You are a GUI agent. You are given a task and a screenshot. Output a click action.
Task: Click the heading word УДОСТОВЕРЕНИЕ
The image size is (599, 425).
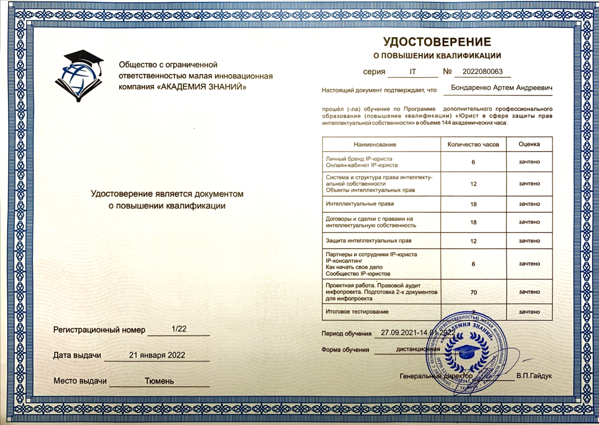click(x=437, y=42)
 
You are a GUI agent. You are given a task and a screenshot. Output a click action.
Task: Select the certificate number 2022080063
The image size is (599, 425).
click(x=482, y=72)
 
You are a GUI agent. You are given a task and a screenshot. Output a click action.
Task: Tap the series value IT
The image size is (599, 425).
click(x=413, y=72)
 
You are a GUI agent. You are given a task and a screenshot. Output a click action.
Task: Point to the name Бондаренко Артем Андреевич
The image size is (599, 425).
click(x=501, y=88)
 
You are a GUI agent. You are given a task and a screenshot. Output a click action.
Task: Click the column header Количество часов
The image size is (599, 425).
click(x=473, y=144)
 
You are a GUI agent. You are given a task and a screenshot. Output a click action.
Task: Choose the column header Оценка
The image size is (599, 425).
click(x=529, y=144)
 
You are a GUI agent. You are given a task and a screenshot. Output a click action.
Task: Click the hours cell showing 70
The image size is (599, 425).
click(x=474, y=293)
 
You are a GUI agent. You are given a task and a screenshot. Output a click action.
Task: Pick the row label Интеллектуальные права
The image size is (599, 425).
click(x=360, y=204)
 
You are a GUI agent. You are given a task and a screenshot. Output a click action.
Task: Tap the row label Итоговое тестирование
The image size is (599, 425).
click(x=357, y=311)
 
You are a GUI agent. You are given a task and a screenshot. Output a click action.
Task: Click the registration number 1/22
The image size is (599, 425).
click(x=179, y=329)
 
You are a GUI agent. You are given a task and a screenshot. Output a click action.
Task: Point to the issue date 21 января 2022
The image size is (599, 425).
click(x=157, y=355)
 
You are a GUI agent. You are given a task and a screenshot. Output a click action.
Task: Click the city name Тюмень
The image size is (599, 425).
click(x=159, y=381)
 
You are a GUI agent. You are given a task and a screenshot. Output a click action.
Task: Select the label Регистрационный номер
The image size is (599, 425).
click(x=100, y=330)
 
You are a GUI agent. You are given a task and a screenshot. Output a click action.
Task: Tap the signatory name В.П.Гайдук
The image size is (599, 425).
click(x=534, y=376)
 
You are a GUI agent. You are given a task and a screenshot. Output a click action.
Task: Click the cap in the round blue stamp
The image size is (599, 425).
click(x=465, y=352)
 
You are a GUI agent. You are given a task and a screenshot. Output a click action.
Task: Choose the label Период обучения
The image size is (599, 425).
click(x=346, y=333)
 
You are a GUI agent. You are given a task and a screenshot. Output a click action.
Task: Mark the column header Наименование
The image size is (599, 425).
click(x=375, y=144)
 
